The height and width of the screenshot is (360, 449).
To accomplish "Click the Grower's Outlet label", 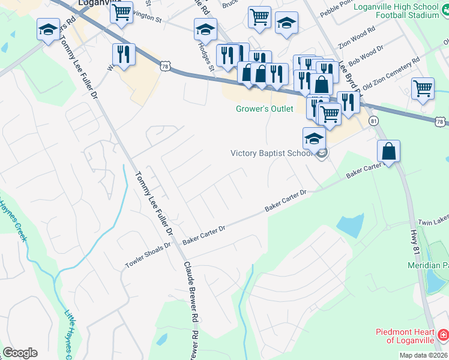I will tap(264, 109).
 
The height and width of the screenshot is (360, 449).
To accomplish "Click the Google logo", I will tap(20, 353).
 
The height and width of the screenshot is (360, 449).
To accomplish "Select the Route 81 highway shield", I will tap(373, 121).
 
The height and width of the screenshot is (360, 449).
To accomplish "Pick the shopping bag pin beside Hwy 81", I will tap(389, 151).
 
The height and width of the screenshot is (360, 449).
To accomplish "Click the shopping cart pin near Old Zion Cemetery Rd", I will tap(423, 89).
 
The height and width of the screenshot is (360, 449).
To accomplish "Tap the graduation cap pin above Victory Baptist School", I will tap(314, 139).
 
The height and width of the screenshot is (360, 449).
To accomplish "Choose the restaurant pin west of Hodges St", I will tap(124, 53).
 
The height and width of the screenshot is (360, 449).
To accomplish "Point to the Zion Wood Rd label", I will tap(357, 37).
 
